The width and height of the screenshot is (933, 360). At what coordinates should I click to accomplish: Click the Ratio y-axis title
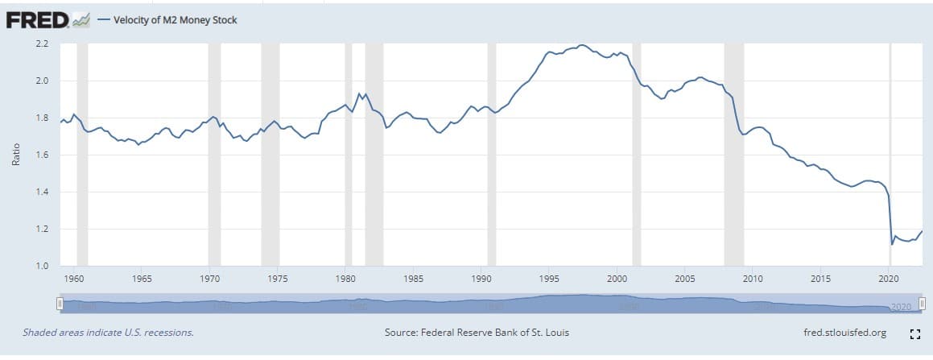[x=14, y=155]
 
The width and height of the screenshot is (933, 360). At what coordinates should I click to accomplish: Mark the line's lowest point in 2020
[x=892, y=243]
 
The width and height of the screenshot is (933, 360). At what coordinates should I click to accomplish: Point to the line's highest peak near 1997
[x=582, y=45]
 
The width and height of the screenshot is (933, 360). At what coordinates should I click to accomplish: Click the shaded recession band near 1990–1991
[x=492, y=153]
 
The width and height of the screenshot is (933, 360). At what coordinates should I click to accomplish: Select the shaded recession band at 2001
[x=636, y=153]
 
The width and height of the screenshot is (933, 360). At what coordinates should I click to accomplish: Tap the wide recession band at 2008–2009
[x=733, y=153]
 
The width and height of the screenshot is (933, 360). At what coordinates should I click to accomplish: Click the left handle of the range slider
[x=59, y=305]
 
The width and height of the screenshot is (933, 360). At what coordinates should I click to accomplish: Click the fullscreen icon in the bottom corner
[x=914, y=333]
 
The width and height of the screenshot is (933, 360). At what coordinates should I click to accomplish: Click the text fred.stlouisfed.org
[x=844, y=333]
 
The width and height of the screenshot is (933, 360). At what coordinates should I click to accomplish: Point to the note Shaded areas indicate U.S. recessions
[x=108, y=333]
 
